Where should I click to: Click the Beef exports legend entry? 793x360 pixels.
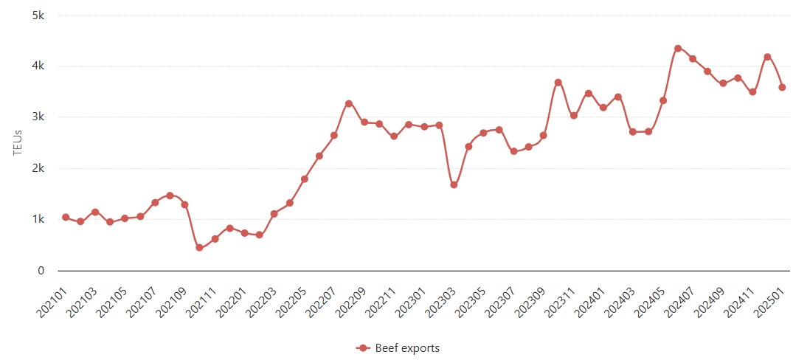(x=398, y=347)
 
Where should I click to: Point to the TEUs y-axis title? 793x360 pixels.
(x=18, y=143)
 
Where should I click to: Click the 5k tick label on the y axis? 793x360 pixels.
(x=38, y=15)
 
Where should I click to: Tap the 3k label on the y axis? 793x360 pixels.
(x=38, y=117)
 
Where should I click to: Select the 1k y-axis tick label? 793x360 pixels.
(x=38, y=220)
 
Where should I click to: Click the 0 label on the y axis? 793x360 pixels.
(x=41, y=271)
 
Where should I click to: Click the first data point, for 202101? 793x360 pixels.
(x=66, y=218)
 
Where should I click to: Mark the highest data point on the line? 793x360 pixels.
(x=678, y=49)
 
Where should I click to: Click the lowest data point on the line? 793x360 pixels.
(x=199, y=248)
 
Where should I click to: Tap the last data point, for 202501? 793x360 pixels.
(x=782, y=87)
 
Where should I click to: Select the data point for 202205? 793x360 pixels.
(x=304, y=179)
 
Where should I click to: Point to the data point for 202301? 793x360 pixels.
(x=423, y=127)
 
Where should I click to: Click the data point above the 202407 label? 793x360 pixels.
(x=693, y=59)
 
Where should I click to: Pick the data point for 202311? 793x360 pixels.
(x=573, y=116)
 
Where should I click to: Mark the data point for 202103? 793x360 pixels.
(x=95, y=212)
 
